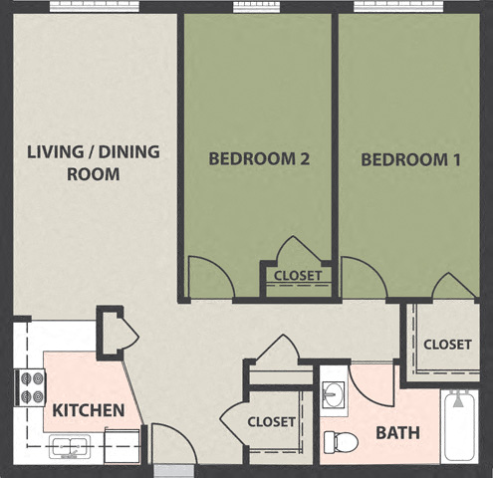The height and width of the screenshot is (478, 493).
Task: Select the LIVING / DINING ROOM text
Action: pyautogui.click(x=93, y=163)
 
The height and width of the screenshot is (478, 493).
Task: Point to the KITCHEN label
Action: pyautogui.click(x=89, y=410)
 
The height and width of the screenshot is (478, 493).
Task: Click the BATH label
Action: pyautogui.click(x=396, y=433)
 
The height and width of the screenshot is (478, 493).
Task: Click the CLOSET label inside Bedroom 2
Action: pyautogui.click(x=298, y=276)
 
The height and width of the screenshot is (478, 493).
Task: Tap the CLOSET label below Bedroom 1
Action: pyautogui.click(x=447, y=345)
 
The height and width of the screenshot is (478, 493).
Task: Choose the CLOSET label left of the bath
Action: pyautogui.click(x=272, y=421)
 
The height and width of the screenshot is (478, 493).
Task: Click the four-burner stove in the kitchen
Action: pyautogui.click(x=30, y=387)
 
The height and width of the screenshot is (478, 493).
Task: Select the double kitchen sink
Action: pyautogui.click(x=69, y=446)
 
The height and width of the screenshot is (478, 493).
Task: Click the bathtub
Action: pyautogui.click(x=460, y=425)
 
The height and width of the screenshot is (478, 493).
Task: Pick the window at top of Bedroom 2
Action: pyautogui.click(x=260, y=6)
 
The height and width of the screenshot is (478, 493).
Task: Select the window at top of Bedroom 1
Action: pyautogui.click(x=397, y=6)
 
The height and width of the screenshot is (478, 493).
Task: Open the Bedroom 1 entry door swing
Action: pyautogui.click(x=361, y=280)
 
